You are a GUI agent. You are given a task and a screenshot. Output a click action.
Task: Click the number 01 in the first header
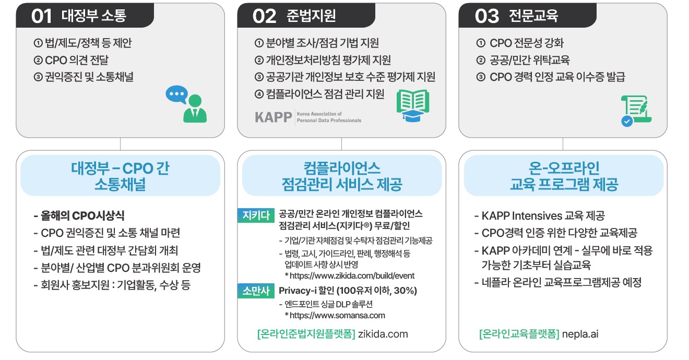(42, 16)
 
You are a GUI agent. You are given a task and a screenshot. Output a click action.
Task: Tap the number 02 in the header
(264, 16)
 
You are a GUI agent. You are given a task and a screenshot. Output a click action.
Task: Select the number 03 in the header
(486, 16)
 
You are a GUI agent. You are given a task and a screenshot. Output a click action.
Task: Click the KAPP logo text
(274, 117)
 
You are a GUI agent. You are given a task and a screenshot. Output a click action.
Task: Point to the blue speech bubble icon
(176, 94)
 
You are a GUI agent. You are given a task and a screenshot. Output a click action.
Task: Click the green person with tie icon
(195, 109)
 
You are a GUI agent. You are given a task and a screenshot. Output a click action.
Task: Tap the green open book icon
(413, 100)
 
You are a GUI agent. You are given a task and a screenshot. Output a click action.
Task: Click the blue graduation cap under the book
(413, 116)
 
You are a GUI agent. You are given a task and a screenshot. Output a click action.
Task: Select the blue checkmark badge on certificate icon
(627, 121)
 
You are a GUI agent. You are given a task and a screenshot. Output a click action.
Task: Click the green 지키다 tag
(256, 215)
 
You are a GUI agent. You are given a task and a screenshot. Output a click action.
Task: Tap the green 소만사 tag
(256, 291)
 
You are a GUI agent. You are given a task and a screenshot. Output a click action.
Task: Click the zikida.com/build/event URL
(352, 276)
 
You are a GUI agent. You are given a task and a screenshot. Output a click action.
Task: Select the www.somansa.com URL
(337, 316)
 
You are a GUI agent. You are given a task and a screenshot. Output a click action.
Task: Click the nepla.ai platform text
(580, 334)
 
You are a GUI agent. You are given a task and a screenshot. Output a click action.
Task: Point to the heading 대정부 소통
(94, 16)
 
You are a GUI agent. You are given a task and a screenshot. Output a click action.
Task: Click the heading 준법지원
(311, 16)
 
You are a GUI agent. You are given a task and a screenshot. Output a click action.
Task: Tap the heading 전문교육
(533, 16)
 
